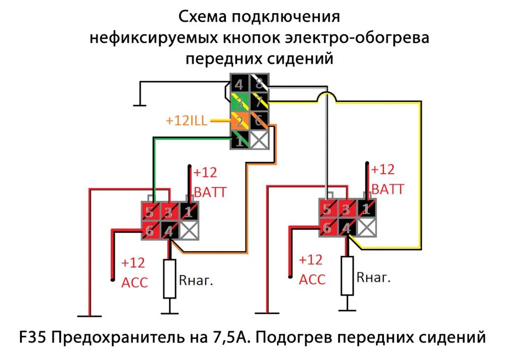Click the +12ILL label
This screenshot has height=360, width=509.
point(186,121)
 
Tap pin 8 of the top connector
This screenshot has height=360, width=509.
point(258,83)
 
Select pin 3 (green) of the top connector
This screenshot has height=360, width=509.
point(239,102)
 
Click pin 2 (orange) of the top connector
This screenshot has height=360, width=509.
point(239,121)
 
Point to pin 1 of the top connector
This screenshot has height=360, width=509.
point(239,141)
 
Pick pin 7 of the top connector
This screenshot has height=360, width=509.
point(258,102)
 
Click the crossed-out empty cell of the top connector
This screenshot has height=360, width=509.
point(258,141)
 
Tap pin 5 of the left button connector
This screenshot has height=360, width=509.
point(150,212)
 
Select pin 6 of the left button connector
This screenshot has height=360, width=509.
point(150,230)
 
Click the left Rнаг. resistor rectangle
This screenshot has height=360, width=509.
point(169,278)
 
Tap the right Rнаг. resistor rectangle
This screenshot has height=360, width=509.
point(347,276)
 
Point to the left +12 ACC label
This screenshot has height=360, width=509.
point(134,273)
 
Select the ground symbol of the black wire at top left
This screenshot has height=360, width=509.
point(139,104)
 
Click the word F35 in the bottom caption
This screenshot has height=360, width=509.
point(34,337)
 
